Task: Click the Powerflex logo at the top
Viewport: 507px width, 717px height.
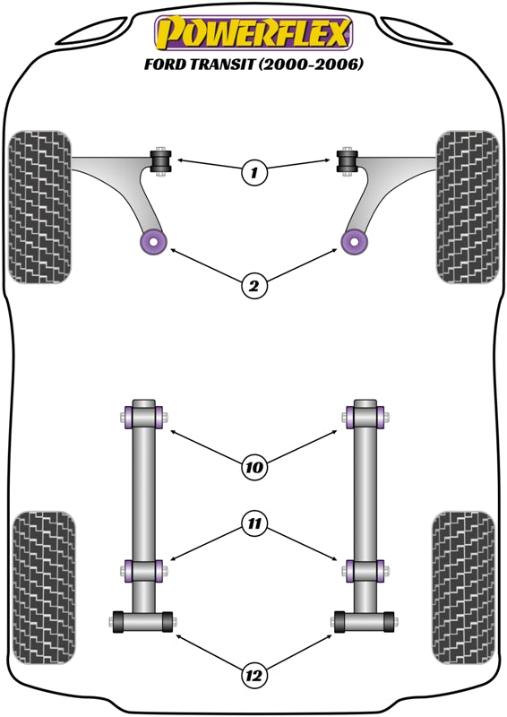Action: pyautogui.click(x=253, y=33)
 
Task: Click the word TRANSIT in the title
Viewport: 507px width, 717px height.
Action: pyautogui.click(x=223, y=65)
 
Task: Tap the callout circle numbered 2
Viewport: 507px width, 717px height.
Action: pyautogui.click(x=254, y=286)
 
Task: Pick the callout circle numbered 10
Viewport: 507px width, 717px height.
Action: pyautogui.click(x=254, y=466)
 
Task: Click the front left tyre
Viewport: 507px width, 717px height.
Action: pyautogui.click(x=40, y=207)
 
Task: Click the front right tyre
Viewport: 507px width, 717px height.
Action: pyautogui.click(x=467, y=207)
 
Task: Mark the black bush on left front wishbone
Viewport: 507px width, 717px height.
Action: pyautogui.click(x=162, y=161)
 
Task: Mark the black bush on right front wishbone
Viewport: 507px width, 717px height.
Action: pyautogui.click(x=347, y=161)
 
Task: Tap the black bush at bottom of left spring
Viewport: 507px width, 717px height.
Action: pyautogui.click(x=143, y=619)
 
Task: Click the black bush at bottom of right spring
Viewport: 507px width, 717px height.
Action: pyautogui.click(x=364, y=619)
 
